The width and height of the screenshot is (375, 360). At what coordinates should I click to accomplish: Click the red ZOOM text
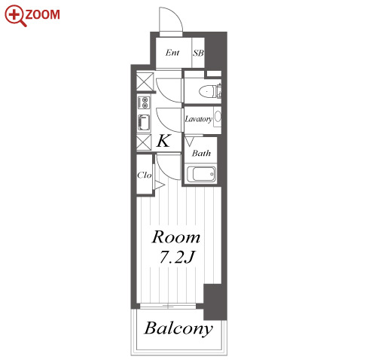(x=43, y=14)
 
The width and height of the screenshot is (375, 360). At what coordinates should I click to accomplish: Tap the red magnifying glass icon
(x=15, y=16)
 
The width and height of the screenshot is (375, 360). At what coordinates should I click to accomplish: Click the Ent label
(x=172, y=53)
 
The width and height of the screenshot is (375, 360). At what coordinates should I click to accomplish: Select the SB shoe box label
(x=198, y=53)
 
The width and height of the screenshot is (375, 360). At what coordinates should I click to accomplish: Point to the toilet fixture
(x=210, y=91)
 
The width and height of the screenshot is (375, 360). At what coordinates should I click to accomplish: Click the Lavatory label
(x=199, y=119)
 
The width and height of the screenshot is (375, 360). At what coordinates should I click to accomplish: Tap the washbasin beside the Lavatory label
(x=218, y=117)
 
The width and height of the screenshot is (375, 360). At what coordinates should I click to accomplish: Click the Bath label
(x=201, y=153)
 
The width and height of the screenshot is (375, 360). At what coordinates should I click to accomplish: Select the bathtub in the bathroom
(x=201, y=174)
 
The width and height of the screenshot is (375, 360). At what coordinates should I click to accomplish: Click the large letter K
(x=163, y=141)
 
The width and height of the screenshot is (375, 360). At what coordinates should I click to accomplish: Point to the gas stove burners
(x=144, y=102)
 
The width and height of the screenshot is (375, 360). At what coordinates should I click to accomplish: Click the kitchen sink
(x=144, y=124)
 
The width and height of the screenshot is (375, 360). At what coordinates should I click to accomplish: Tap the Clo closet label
(x=145, y=175)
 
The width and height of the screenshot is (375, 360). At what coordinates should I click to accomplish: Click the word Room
(x=176, y=236)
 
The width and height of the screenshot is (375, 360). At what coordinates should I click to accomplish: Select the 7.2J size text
(x=177, y=257)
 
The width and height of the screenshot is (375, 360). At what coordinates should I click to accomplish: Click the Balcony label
(x=178, y=328)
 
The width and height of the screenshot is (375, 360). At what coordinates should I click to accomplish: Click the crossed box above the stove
(x=145, y=81)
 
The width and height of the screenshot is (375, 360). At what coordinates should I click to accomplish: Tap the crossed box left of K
(x=144, y=142)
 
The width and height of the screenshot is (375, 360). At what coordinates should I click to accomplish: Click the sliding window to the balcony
(x=168, y=306)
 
